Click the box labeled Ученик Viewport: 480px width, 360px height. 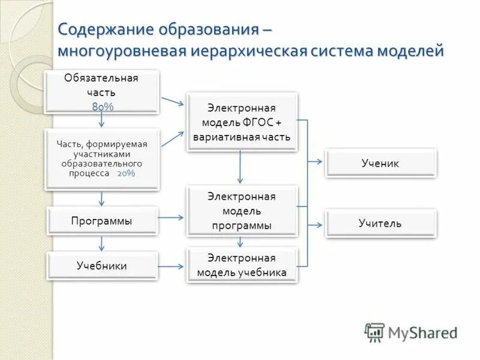click(x=380, y=163)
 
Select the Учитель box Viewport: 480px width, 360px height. click(x=380, y=223)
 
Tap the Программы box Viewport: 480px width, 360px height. click(x=102, y=221)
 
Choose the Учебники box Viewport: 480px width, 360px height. click(x=102, y=266)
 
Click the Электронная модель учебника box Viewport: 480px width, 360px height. click(x=242, y=265)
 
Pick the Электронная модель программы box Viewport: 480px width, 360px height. click(x=242, y=211)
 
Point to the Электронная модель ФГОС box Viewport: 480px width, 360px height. click(x=242, y=122)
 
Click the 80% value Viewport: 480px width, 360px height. click(x=102, y=106)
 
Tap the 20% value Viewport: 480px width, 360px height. click(x=126, y=173)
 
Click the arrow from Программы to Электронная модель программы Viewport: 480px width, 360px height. click(x=172, y=217)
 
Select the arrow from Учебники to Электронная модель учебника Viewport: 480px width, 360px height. click(x=172, y=266)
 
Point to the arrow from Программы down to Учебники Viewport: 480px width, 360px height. click(x=102, y=242)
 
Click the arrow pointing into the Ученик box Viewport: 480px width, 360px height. click(x=316, y=161)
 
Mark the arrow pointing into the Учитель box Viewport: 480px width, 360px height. click(x=316, y=224)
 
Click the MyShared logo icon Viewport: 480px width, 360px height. click(x=375, y=332)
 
